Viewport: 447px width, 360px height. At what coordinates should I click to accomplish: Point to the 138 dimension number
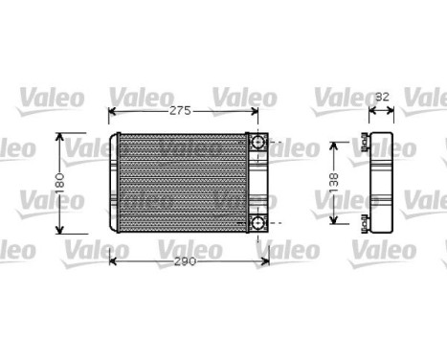tap(334, 182)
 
